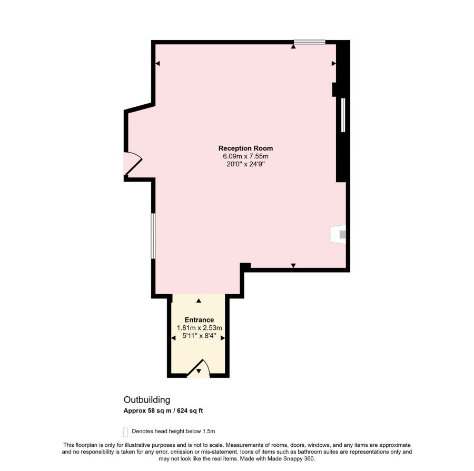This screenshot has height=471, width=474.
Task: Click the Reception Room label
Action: coord(245,148)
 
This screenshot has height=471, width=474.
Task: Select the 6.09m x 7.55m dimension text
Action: coord(245,156)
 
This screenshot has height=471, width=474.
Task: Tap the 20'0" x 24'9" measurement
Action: coord(245,164)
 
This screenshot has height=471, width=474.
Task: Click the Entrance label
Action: coord(199,319)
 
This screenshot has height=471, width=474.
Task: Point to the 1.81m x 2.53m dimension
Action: coord(199,328)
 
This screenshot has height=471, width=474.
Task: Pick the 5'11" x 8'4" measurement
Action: coord(199,336)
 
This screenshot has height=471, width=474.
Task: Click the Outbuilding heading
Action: coord(147,400)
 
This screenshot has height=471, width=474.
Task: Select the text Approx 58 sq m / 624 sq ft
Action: coord(163,410)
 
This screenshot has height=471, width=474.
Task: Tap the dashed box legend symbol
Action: coord(126,432)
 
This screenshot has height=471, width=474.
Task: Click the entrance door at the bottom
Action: coord(199,368)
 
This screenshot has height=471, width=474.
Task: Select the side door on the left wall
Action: coord(132,163)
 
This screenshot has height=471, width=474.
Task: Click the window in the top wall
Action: coord(310,42)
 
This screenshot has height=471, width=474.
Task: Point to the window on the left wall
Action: coord(153,236)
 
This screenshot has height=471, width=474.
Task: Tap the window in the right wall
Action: coord(343,115)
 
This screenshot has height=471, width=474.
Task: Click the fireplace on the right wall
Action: coord(338,234)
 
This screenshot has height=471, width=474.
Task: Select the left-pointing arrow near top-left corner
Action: coord(157,64)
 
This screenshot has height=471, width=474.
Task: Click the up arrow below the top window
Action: coord(293,46)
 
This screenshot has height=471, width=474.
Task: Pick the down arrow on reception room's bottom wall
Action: coord(293,266)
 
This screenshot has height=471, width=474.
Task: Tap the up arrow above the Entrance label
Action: coord(199,300)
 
